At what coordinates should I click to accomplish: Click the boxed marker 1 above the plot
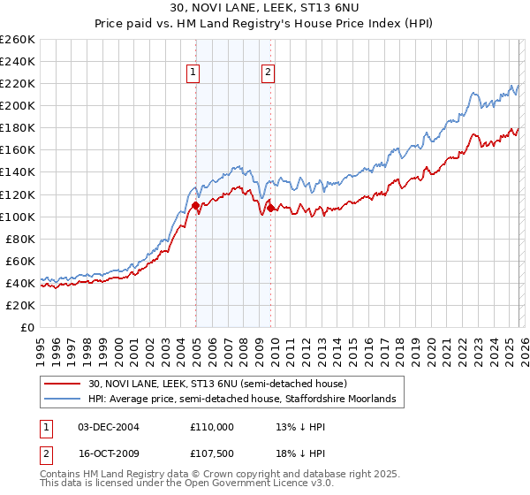click(193, 73)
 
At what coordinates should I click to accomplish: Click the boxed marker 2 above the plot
click(268, 73)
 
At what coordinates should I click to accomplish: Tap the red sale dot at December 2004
click(194, 205)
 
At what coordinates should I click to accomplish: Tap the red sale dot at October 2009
click(270, 208)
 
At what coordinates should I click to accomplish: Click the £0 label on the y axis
click(27, 327)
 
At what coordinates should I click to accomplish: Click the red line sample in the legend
click(63, 385)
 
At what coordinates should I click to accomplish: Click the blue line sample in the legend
click(63, 400)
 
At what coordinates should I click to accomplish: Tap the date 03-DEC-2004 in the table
click(109, 426)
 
